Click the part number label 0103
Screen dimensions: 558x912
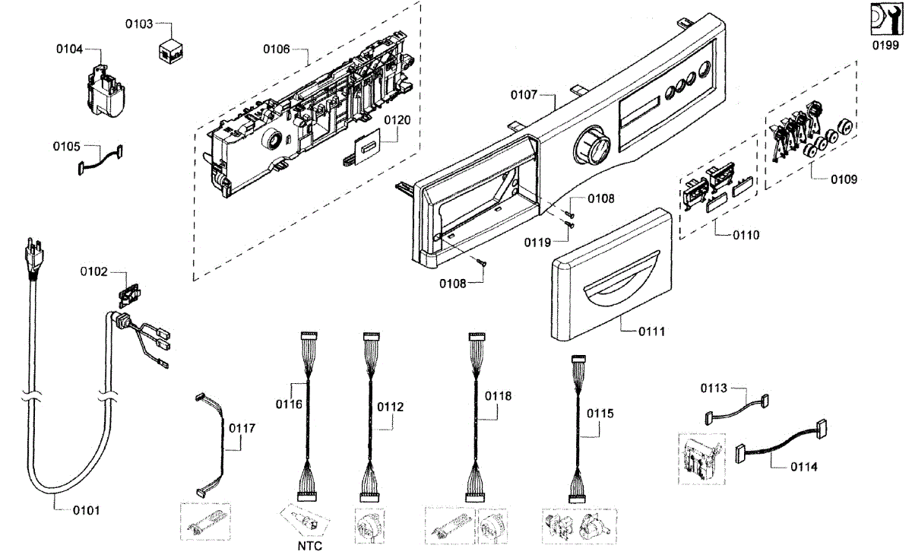139,24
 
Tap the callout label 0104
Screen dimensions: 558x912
69,49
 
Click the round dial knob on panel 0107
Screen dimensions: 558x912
591,144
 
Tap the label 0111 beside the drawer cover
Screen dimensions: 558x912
651,331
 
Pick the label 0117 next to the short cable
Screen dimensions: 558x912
242,428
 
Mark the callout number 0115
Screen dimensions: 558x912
600,413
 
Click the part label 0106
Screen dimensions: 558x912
277,49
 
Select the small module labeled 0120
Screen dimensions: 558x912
363,147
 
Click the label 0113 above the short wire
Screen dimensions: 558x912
714,388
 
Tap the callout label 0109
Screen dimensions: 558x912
843,180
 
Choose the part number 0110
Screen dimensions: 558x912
746,235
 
